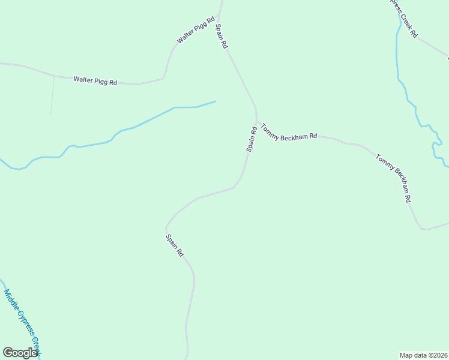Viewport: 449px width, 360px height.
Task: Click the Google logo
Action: (20, 353)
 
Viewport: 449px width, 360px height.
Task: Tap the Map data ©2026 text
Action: (424, 355)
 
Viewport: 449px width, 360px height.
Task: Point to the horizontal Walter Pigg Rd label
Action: (95, 80)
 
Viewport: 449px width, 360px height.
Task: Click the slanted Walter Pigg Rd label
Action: (196, 31)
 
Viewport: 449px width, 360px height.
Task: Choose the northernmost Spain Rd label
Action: (221, 36)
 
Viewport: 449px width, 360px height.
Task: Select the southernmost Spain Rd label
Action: (175, 245)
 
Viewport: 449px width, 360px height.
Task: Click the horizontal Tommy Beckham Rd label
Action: (289, 133)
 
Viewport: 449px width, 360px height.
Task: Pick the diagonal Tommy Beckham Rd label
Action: (394, 178)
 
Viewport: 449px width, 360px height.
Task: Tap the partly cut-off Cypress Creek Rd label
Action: (403, 18)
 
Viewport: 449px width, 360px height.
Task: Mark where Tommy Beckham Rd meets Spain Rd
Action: (257, 122)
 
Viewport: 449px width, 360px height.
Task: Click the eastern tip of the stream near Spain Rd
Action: (215, 101)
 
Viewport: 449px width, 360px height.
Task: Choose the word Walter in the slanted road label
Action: (185, 38)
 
